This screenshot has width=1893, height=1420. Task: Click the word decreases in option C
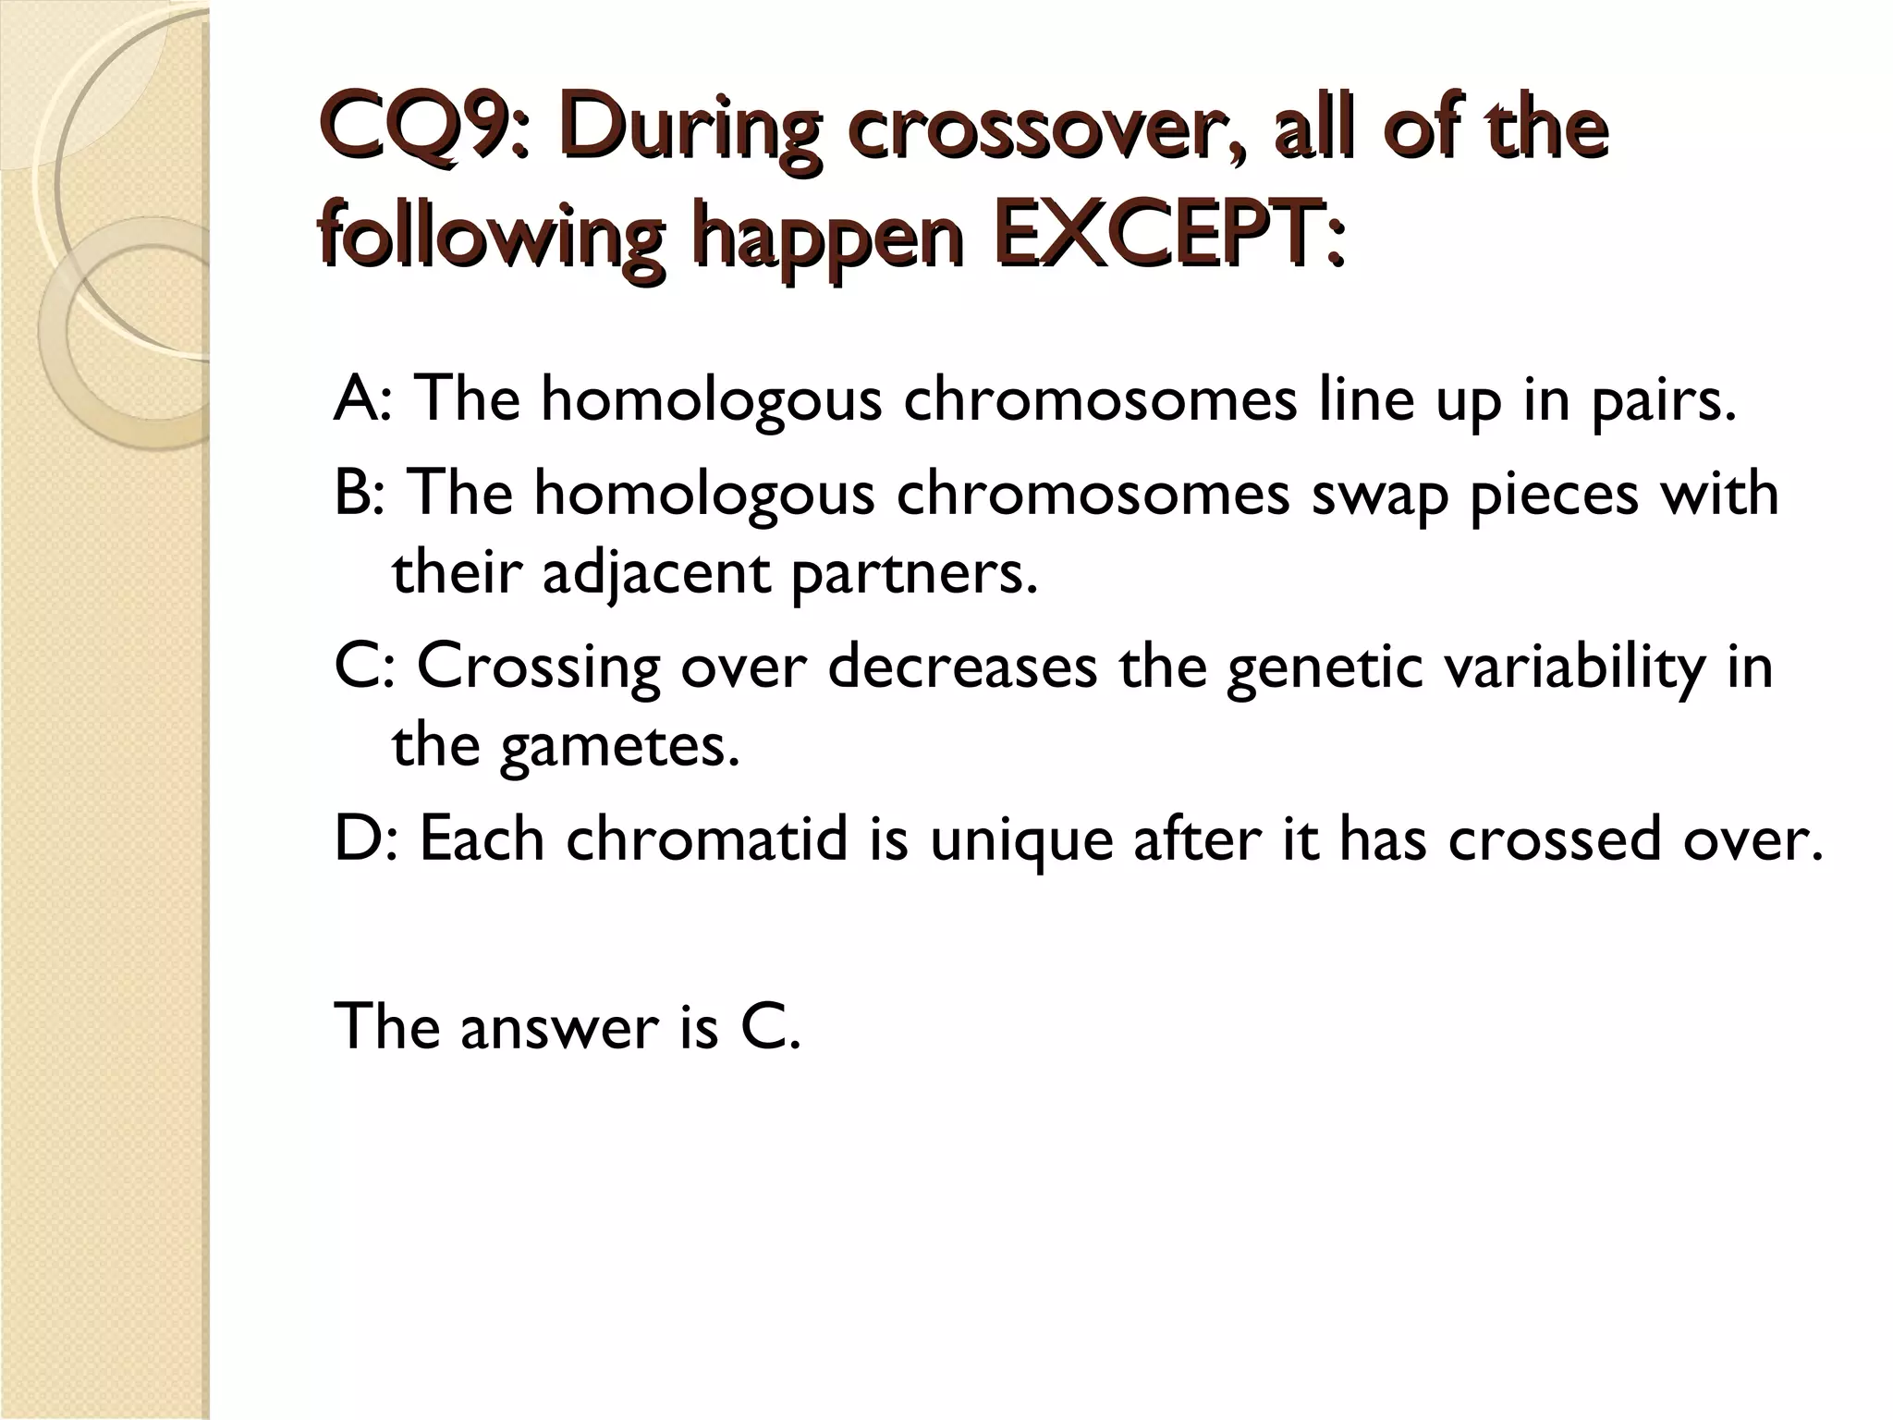click(962, 666)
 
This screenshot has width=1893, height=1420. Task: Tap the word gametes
click(619, 747)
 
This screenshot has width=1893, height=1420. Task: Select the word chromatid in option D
click(706, 839)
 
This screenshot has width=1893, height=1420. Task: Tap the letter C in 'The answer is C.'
click(760, 1026)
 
